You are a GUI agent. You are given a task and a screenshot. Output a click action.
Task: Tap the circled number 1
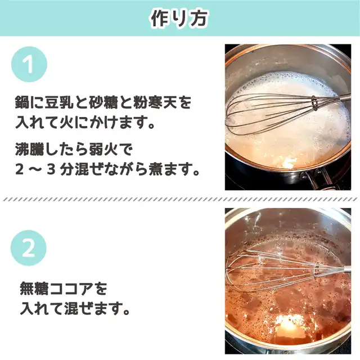[29, 64]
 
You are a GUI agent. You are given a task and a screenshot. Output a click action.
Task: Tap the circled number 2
[29, 248]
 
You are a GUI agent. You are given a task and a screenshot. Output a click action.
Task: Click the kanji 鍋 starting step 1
[22, 102]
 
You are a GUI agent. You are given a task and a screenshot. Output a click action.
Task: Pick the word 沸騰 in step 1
[29, 149]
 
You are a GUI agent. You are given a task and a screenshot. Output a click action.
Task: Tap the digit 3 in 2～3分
[51, 170]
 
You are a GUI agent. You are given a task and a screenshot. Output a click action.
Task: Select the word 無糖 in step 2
[34, 289]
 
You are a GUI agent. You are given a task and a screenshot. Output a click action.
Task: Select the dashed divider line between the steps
[180, 200]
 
